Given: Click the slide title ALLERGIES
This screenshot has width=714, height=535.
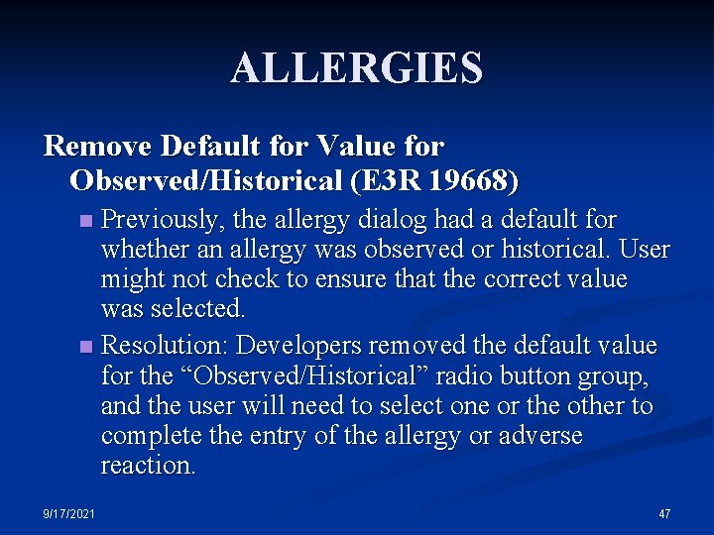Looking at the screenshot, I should pyautogui.click(x=357, y=68).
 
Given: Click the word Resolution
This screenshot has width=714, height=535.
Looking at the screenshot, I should pyautogui.click(x=166, y=346).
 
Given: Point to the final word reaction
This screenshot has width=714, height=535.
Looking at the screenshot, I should pyautogui.click(x=148, y=466).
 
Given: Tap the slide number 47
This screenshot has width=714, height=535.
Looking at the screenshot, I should pyautogui.click(x=664, y=514).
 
